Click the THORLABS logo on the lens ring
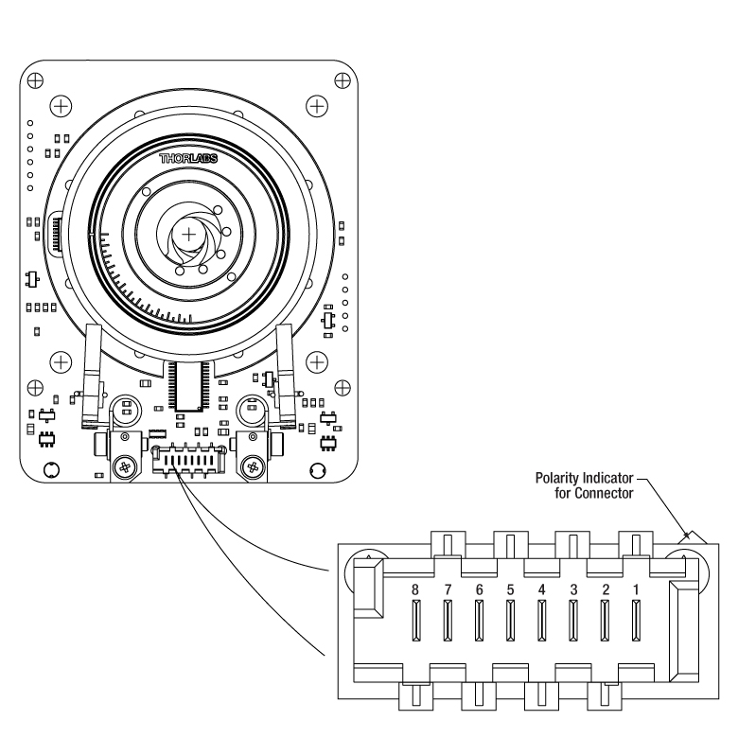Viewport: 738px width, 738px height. pos(188,159)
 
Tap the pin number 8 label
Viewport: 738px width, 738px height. pos(414,589)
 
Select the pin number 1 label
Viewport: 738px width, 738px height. pos(636,589)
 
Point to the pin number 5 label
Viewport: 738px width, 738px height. pos(510,589)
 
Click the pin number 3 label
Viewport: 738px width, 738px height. pos(573,589)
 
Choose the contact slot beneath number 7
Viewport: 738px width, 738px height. pos(448,621)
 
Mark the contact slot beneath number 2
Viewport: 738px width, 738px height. pos(605,621)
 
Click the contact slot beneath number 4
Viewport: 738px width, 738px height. pos(542,621)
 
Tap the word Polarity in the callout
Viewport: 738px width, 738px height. pos(557,479)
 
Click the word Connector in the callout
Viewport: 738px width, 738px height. pos(604,493)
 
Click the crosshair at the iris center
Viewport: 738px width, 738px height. pos(188,234)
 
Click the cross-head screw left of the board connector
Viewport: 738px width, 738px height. pos(125,467)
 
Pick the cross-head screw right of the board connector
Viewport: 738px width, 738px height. pos(253,467)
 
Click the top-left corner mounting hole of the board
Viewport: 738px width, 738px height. pos(35,81)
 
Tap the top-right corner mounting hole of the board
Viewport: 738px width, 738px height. pos(343,81)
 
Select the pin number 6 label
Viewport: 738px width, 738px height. pos(479,589)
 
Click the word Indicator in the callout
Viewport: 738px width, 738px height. pos(608,478)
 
